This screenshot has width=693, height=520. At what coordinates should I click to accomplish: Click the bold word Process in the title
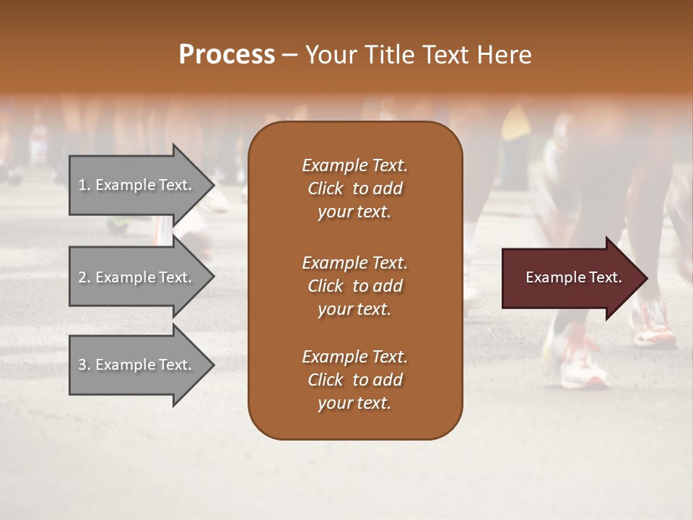(227, 54)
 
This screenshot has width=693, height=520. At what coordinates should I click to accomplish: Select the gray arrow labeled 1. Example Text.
(137, 185)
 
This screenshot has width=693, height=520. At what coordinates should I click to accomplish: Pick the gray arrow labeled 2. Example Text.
(137, 277)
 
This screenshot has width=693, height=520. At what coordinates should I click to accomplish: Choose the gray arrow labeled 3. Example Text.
(137, 365)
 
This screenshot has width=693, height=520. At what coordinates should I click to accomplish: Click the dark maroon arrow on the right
(570, 277)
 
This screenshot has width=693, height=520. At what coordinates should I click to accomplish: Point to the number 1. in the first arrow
(84, 185)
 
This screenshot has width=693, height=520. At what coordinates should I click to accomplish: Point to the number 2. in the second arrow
(84, 277)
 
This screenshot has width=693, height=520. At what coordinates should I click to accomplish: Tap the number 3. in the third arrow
(84, 365)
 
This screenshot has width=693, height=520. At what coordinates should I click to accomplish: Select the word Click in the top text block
(326, 188)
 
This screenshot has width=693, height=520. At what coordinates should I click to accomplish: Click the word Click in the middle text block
(326, 286)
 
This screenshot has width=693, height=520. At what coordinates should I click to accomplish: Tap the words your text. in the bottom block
(354, 403)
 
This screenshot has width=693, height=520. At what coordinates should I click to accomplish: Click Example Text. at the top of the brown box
(354, 165)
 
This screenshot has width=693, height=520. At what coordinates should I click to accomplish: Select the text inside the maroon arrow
(573, 277)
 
